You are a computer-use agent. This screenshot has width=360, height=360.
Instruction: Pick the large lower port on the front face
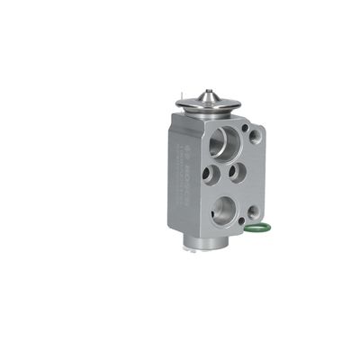224,212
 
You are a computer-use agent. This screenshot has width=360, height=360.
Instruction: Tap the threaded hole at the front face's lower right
255,212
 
